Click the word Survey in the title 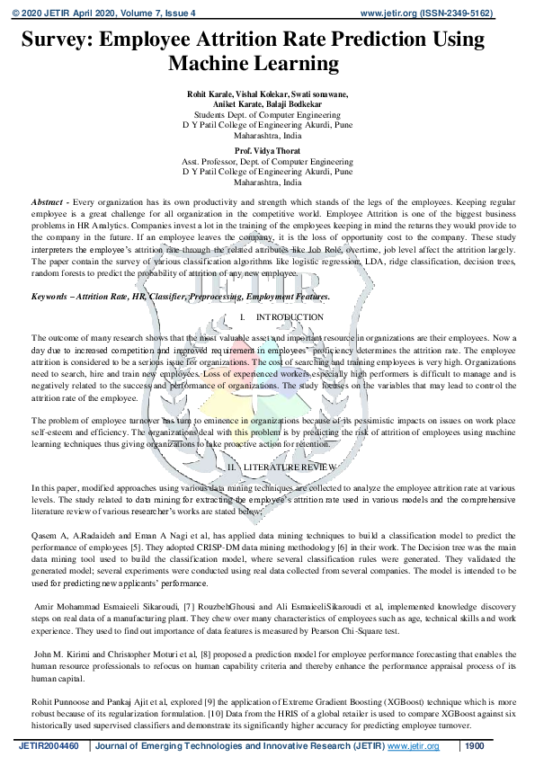(58, 40)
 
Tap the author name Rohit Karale (210, 94)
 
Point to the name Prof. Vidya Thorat (267, 150)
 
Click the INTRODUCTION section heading (290, 317)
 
